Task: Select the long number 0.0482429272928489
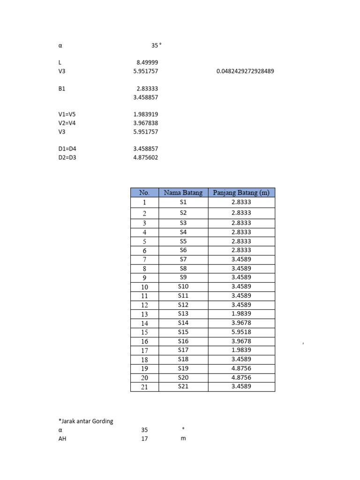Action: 245,71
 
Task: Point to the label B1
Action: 62,89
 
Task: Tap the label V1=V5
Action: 67,114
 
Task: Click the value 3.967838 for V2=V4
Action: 146,123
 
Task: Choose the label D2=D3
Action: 67,157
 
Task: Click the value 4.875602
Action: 146,157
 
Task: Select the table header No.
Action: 144,193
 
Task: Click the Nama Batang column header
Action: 183,193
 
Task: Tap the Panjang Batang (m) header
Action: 241,193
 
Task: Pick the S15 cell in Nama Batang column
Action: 183,332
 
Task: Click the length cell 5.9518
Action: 241,332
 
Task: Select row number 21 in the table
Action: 144,387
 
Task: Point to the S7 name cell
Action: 183,259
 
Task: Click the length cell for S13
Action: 241,314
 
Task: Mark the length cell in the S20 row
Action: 241,377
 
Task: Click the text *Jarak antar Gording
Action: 86,421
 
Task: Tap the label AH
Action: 62,439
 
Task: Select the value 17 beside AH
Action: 144,439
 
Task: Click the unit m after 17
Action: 183,439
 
